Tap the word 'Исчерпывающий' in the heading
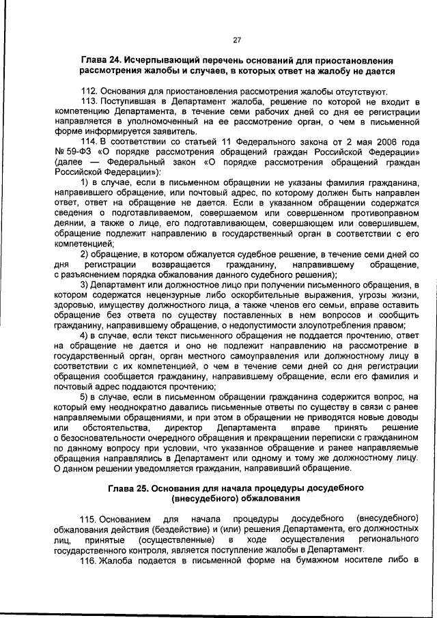pos(164,60)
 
